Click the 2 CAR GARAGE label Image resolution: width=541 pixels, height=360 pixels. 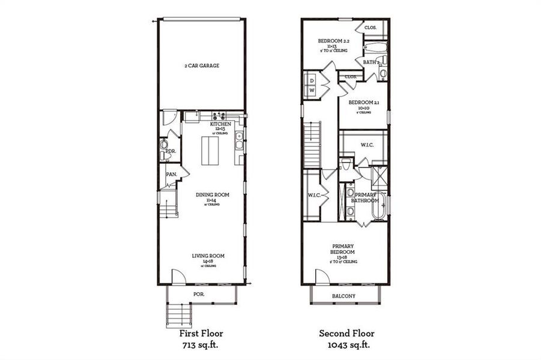coord(201,66)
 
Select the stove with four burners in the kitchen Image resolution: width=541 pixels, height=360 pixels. coord(217,116)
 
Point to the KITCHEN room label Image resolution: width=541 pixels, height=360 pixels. coord(220,124)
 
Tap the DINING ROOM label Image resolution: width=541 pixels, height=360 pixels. coord(212,194)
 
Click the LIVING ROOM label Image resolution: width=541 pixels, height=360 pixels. coord(208,256)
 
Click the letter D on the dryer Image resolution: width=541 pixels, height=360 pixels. coord(312,80)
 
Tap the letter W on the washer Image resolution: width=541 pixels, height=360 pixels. coord(312,91)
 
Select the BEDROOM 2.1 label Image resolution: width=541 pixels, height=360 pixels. coord(363,103)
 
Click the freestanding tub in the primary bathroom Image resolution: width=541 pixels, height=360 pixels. coord(380,207)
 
